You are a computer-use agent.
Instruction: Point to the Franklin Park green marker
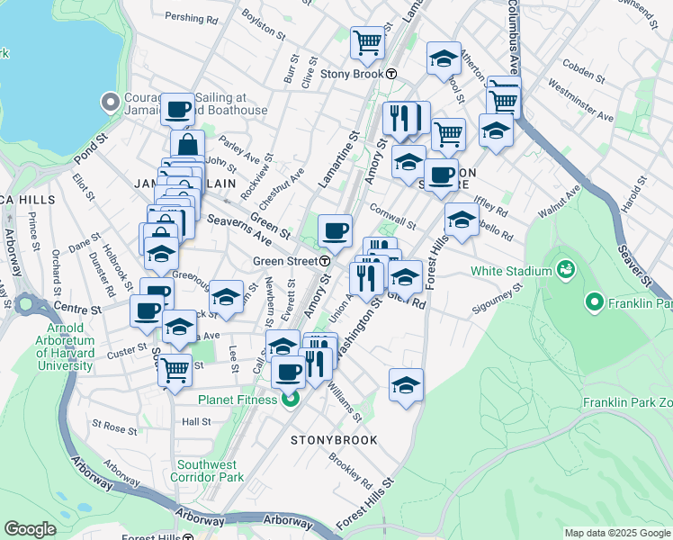594,304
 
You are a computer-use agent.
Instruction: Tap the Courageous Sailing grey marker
111,101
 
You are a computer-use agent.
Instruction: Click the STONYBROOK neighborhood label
334,440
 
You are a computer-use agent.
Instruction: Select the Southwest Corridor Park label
206,471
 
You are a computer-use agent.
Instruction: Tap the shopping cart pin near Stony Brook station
367,41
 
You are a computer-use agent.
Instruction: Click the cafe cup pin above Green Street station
335,230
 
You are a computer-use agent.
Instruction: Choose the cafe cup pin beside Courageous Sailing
177,109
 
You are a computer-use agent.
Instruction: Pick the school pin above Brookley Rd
406,384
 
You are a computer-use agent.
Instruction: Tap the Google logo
31,529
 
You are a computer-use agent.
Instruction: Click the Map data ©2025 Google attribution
615,533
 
